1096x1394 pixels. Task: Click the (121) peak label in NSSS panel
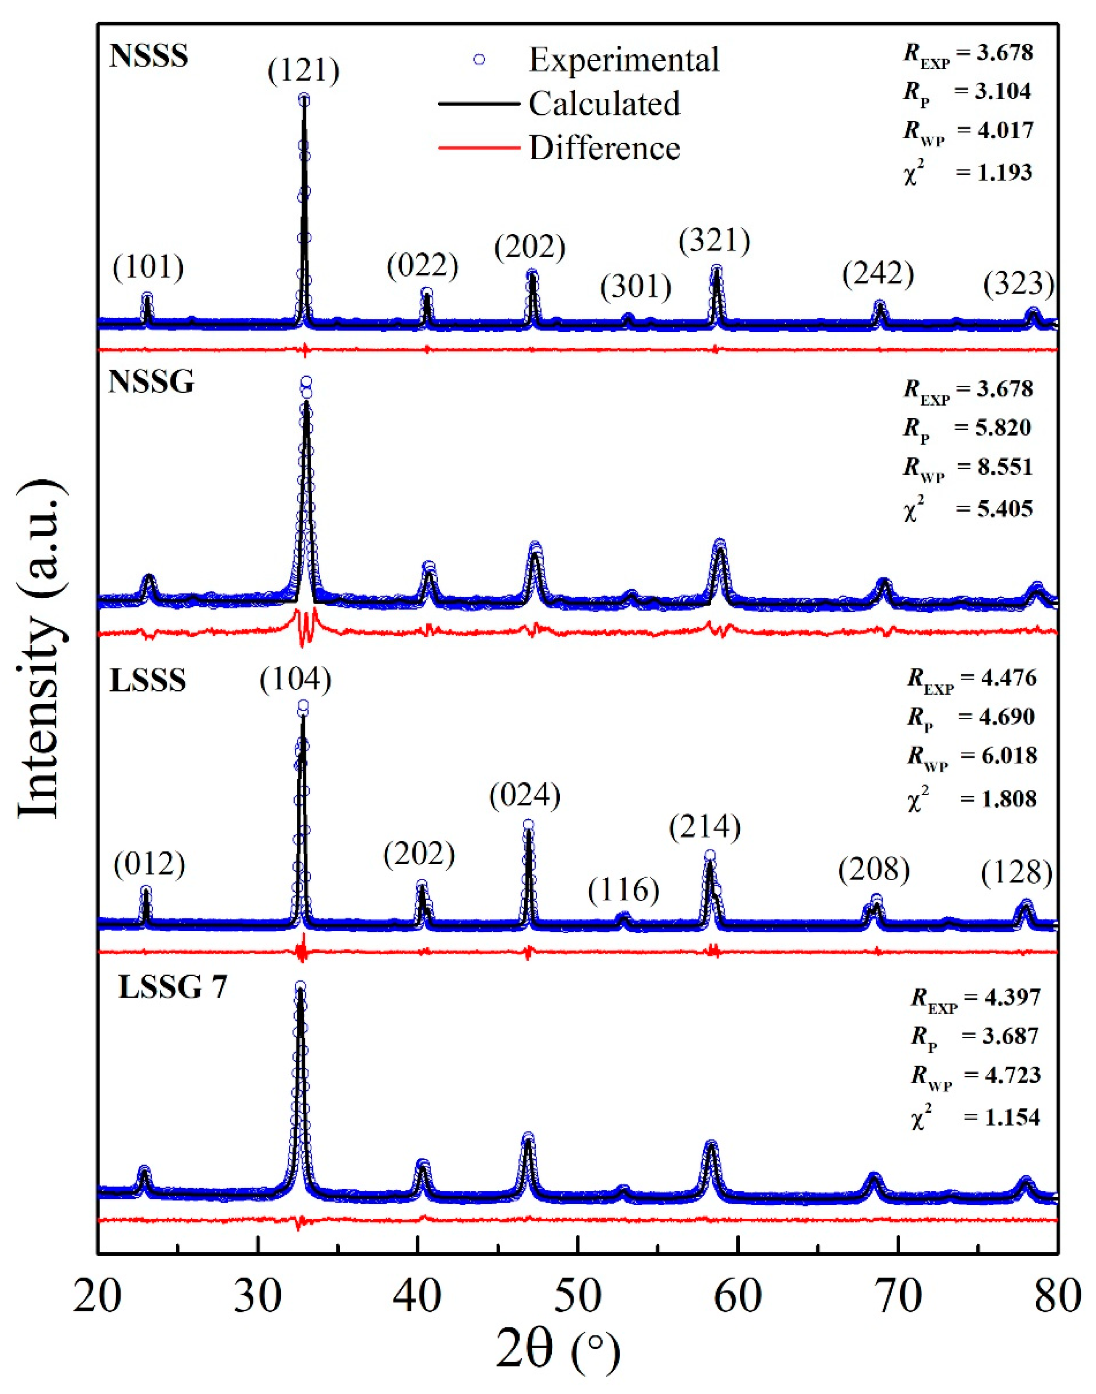click(x=304, y=70)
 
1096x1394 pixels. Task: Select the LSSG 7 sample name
click(x=173, y=987)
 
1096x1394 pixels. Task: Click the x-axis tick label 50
click(x=578, y=1296)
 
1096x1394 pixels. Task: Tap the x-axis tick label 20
click(x=98, y=1296)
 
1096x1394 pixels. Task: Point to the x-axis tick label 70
click(x=898, y=1296)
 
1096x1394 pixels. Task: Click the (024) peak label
click(x=524, y=796)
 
